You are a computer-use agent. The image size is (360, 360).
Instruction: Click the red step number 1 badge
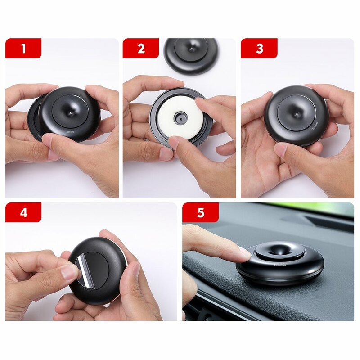click(x=23, y=49)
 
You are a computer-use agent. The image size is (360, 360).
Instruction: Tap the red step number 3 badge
click(x=259, y=49)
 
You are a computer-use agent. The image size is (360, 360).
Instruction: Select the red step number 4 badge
click(x=23, y=212)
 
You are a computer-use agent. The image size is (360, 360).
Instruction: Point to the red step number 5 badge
click(x=200, y=212)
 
